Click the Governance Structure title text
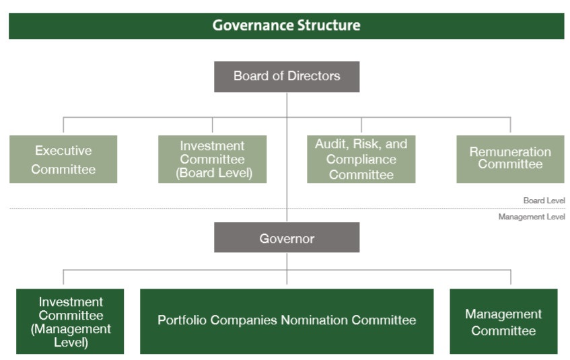click(x=287, y=26)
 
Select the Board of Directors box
click(x=287, y=77)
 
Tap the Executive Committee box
click(x=63, y=159)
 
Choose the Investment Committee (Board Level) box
click(x=212, y=159)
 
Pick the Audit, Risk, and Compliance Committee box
click(x=361, y=159)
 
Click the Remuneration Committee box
click(x=510, y=159)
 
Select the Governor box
click(x=287, y=238)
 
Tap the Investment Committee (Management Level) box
click(x=70, y=322)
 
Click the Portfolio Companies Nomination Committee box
click(x=287, y=322)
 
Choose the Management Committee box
click(x=503, y=322)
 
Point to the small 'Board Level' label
click(x=544, y=201)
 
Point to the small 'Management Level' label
click(x=532, y=217)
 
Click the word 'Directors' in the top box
click(x=314, y=75)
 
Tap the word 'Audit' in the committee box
click(x=330, y=144)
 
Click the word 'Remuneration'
click(x=510, y=151)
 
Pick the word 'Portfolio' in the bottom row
click(x=182, y=320)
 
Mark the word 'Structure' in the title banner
click(x=328, y=26)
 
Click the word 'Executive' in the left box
click(x=63, y=151)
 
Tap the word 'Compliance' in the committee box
click(x=361, y=159)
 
